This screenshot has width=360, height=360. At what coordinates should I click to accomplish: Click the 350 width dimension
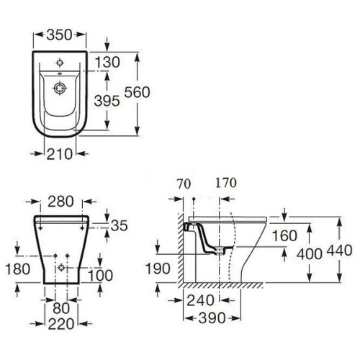point(59,35)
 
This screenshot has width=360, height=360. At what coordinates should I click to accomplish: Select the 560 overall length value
point(138,92)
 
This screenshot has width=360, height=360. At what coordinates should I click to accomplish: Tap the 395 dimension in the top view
point(107,101)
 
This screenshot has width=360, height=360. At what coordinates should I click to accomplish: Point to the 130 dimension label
point(107,62)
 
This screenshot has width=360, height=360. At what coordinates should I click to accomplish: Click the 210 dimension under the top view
point(59,154)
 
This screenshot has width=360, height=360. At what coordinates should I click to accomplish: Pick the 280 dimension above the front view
point(60,202)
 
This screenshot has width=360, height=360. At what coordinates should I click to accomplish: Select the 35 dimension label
point(120,225)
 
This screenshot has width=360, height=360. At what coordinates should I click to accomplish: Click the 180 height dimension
point(17,269)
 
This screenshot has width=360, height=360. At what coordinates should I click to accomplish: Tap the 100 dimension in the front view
point(100,275)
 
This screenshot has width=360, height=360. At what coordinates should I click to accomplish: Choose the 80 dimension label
point(61,308)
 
